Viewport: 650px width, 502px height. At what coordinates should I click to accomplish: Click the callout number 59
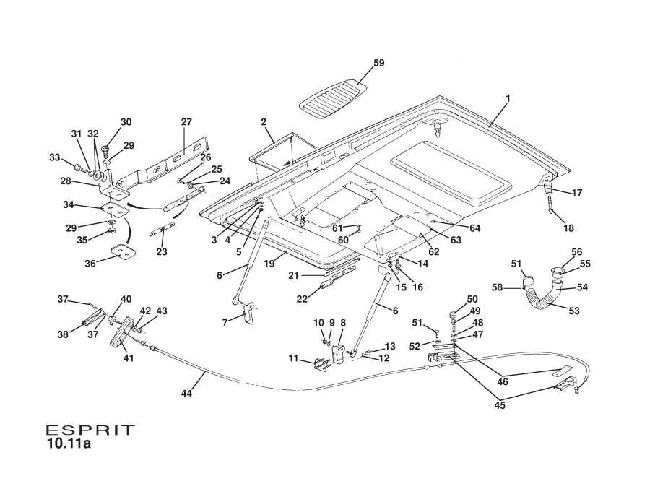pos(378,64)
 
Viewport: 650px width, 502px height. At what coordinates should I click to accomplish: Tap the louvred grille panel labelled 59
pos(334,98)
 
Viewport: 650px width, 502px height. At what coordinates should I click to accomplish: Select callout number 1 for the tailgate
pos(507,98)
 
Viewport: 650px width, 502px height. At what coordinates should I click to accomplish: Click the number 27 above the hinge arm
pos(186,121)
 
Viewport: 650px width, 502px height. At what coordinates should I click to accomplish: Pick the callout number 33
pos(53,157)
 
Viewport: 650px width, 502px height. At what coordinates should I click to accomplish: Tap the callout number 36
pos(90,264)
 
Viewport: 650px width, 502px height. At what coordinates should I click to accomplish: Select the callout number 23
pos(161,251)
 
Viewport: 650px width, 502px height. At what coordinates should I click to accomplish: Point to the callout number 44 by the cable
pos(187,394)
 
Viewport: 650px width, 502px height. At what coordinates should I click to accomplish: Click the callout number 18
pos(569,228)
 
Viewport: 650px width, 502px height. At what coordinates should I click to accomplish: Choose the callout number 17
pos(577,193)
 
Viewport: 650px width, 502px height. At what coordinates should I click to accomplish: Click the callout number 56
pos(577,252)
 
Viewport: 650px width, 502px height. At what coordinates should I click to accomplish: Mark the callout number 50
pos(472,299)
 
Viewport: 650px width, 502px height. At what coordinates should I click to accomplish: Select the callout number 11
pos(293,358)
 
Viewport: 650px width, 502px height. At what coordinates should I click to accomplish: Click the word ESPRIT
pos(90,430)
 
